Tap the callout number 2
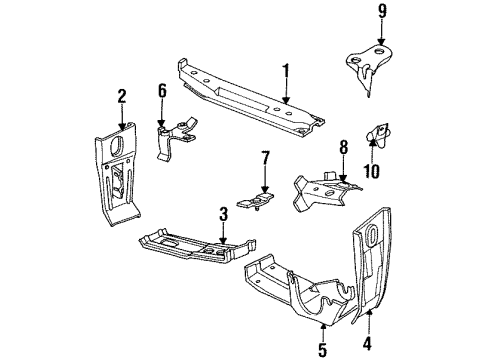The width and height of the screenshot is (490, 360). tap(122, 97)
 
